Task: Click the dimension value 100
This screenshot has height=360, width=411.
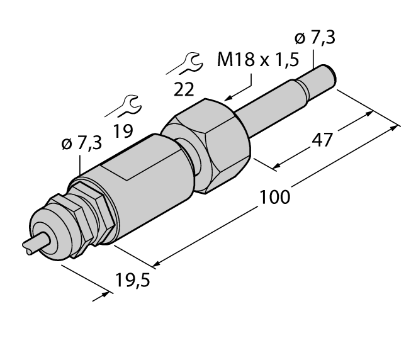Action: click(x=275, y=196)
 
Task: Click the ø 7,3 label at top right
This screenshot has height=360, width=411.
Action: click(x=315, y=38)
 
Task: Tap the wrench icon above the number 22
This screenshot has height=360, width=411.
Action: click(x=187, y=62)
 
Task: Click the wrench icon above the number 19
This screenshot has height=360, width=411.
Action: click(x=127, y=104)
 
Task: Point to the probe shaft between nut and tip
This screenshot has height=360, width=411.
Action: click(x=271, y=106)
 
